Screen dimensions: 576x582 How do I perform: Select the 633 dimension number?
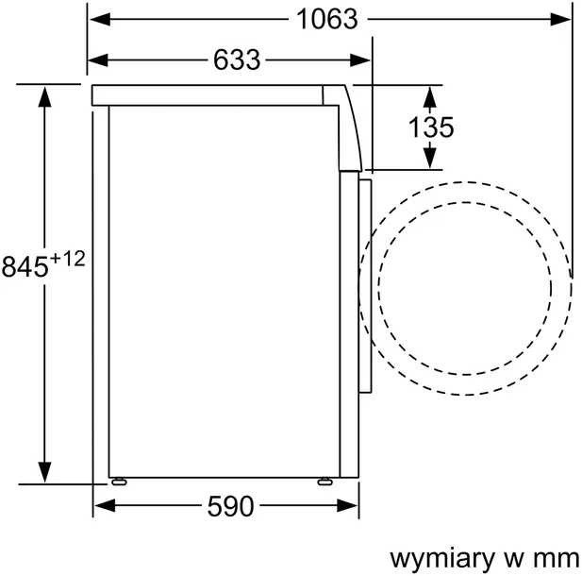236,59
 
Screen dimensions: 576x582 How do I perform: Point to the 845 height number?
25,267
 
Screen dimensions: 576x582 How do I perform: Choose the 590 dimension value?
230,507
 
